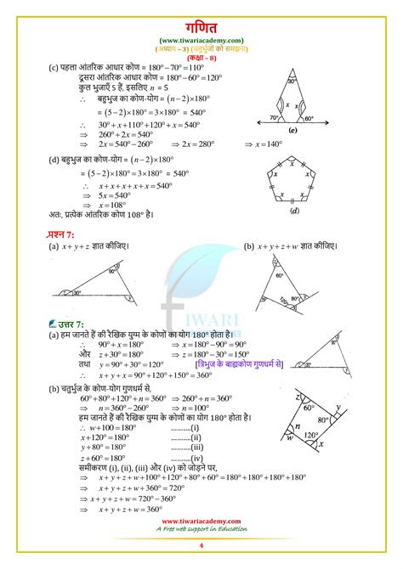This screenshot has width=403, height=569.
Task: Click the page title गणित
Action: tap(201, 25)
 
